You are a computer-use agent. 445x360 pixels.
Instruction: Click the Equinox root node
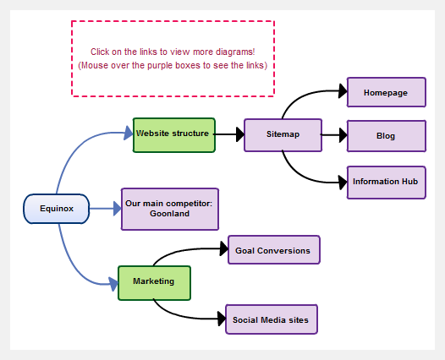(x=56, y=209)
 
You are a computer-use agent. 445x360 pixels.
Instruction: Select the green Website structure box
(x=174, y=134)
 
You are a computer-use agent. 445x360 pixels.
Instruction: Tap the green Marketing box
(x=154, y=282)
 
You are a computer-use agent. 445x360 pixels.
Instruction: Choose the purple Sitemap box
(x=283, y=134)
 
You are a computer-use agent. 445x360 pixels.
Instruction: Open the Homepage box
(x=386, y=92)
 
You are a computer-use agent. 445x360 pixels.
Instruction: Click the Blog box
(x=386, y=135)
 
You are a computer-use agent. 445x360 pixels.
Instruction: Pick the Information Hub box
(x=386, y=182)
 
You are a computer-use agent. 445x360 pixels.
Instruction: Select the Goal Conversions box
(x=273, y=250)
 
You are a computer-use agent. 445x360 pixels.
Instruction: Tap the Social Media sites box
(x=272, y=319)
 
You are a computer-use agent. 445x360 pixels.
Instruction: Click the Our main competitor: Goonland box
(x=170, y=209)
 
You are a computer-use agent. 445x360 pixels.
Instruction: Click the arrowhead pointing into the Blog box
(x=342, y=134)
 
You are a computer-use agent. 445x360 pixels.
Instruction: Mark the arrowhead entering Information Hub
(x=342, y=181)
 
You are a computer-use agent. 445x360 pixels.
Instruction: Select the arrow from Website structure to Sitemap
(x=228, y=134)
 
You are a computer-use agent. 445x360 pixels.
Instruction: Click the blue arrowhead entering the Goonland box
(x=116, y=208)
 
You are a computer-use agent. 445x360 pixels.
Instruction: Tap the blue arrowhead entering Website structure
(x=128, y=133)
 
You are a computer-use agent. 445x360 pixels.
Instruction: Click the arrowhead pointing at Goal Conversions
(x=222, y=250)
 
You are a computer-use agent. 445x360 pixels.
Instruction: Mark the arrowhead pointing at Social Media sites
(x=220, y=319)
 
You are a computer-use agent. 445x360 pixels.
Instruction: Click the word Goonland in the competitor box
(x=170, y=214)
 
